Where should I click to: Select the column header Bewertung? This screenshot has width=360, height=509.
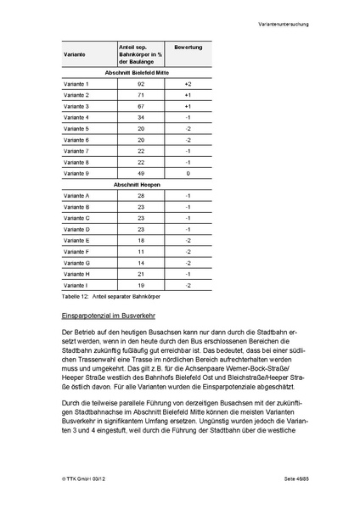click(x=188, y=47)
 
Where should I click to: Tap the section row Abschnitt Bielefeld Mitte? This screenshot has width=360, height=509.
click(x=137, y=73)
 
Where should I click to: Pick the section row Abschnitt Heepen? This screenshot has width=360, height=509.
click(x=137, y=184)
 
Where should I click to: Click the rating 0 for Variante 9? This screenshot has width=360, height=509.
click(x=188, y=173)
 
